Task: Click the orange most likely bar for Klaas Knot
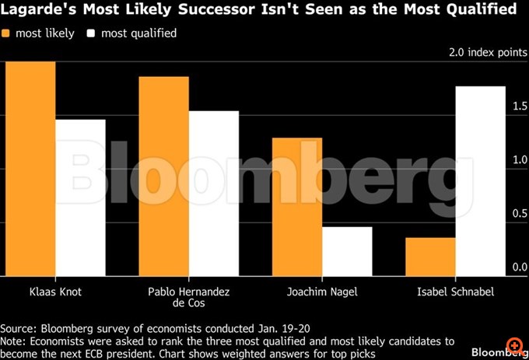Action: (28, 168)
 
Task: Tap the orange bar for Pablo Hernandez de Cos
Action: (164, 176)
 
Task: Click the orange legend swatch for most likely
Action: (8, 33)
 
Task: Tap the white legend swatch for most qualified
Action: (91, 33)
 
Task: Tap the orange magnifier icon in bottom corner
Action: (514, 344)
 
